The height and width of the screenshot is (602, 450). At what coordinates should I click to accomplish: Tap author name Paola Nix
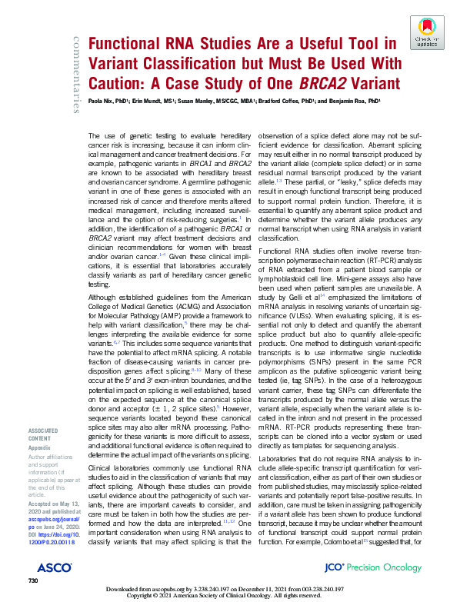point(105,101)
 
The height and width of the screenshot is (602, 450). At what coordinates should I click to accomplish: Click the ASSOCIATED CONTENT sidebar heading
point(47,413)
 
